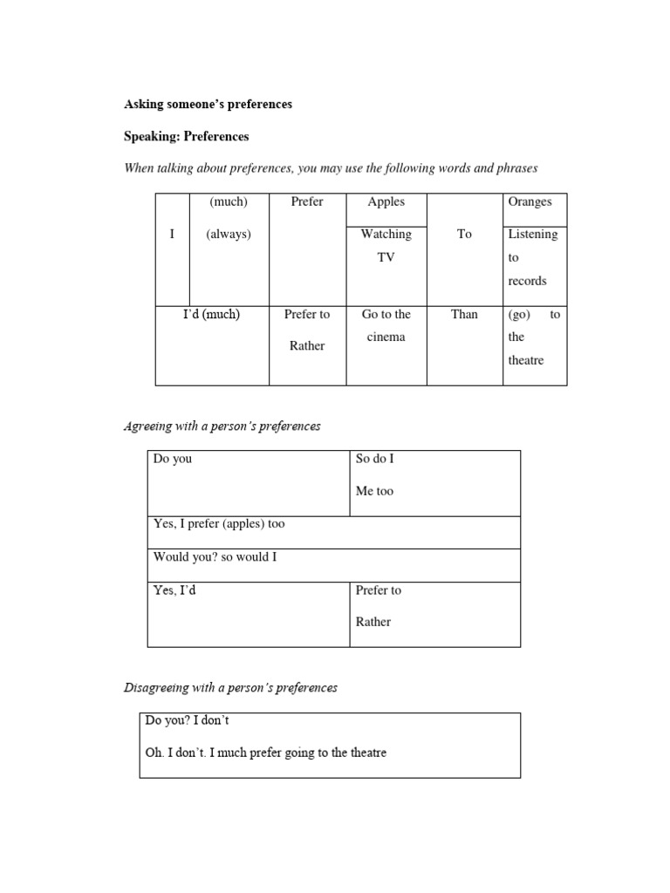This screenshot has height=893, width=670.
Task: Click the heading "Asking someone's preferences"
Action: (208, 104)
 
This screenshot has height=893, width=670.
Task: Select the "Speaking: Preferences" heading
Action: (187, 136)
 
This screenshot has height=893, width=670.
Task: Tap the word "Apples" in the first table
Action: (386, 201)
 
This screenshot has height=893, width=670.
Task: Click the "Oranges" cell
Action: (530, 201)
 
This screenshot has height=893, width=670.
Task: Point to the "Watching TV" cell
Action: (386, 245)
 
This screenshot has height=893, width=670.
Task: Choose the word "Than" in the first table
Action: (464, 314)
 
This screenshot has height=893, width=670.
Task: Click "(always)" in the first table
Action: (229, 235)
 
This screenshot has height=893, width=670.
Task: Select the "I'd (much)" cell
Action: (211, 314)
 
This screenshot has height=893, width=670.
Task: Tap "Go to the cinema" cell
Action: (386, 325)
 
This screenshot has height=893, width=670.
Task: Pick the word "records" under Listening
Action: (527, 281)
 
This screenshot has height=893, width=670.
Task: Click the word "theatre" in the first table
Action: (525, 360)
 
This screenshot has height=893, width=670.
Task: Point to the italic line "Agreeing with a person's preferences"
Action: (222, 426)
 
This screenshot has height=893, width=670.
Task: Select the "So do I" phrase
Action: (375, 459)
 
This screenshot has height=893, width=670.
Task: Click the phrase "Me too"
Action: (374, 491)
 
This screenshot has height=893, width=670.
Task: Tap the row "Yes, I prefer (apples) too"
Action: (219, 524)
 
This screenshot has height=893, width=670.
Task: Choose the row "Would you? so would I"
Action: (215, 556)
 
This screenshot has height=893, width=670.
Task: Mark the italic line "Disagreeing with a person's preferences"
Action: (230, 687)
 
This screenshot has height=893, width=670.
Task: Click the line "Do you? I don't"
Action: (188, 720)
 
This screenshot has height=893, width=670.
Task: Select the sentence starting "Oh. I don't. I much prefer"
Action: (265, 752)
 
